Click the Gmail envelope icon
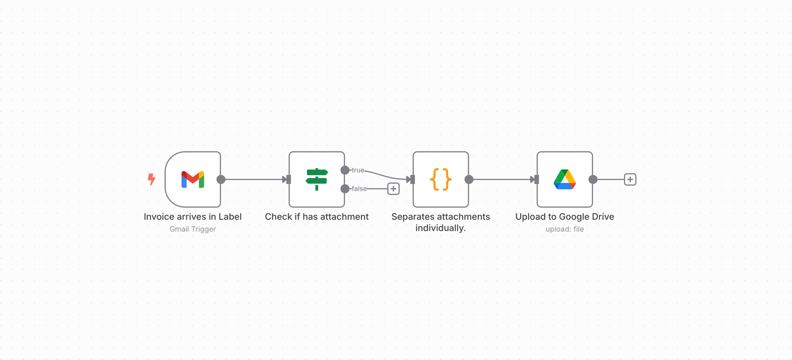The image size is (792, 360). pos(193,180)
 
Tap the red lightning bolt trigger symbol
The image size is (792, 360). pos(151,179)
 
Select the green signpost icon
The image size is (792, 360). pos(317,179)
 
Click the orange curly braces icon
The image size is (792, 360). pos(441,180)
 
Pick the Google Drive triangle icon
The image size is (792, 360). pos(565,179)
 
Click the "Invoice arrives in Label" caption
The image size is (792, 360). pos(193,217)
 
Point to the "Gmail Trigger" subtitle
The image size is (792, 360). pos(193,229)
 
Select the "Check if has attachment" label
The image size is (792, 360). pos(317,217)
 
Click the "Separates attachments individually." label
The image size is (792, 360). pos(441,222)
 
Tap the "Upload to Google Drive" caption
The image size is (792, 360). pos(565,217)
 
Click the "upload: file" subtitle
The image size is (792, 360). pos(565,229)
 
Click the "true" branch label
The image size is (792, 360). pos(358,170)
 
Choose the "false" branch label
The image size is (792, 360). pos(359,189)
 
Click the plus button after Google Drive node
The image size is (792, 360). pos(630,180)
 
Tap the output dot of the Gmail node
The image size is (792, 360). pos(221,180)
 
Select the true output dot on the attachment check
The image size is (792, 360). pos(345,170)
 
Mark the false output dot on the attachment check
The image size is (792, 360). pos(345,189)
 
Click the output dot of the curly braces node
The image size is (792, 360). pos(469,180)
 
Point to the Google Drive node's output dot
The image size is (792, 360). pos(593,180)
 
